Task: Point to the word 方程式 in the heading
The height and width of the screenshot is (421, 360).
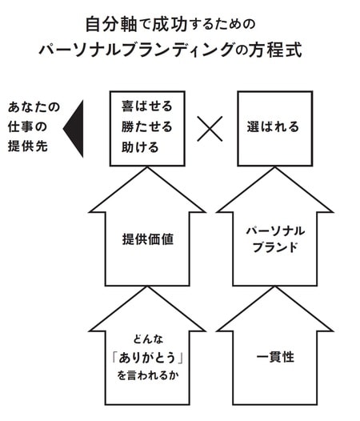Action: [x=280, y=49]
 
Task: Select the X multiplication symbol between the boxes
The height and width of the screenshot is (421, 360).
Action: [x=210, y=128]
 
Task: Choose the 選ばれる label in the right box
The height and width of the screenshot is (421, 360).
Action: [x=273, y=127]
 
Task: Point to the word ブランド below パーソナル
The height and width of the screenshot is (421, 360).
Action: [x=274, y=248]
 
